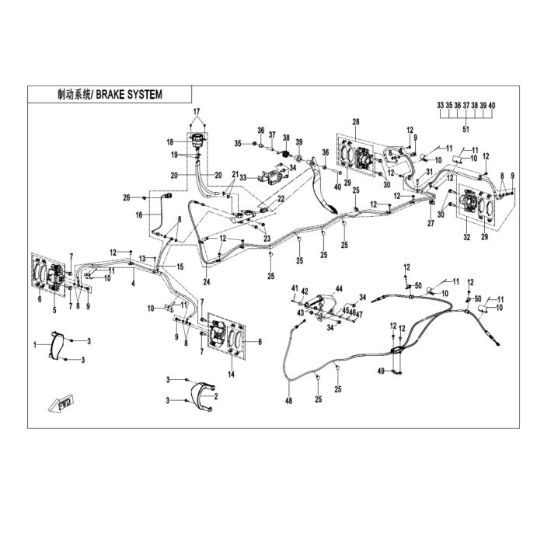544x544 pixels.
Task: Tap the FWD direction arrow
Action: (x=61, y=404)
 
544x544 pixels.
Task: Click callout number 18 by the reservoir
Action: (x=169, y=142)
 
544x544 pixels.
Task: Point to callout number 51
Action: (x=466, y=130)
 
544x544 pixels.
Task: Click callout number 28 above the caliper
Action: (x=356, y=122)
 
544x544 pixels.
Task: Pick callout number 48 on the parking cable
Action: (x=288, y=401)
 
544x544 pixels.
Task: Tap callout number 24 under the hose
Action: (x=207, y=282)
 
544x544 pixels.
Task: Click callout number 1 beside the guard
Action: (x=35, y=345)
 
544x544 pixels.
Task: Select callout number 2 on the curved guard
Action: (x=216, y=396)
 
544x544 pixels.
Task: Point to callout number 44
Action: (x=339, y=288)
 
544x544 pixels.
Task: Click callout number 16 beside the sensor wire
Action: (x=139, y=215)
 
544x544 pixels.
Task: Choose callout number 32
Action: (x=467, y=237)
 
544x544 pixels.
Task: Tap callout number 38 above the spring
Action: (x=286, y=138)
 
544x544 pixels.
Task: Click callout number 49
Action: (x=382, y=371)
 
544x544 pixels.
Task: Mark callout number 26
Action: (x=127, y=197)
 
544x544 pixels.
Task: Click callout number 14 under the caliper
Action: (x=231, y=375)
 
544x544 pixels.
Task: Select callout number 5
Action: (x=54, y=311)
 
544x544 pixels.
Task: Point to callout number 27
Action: (x=431, y=224)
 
